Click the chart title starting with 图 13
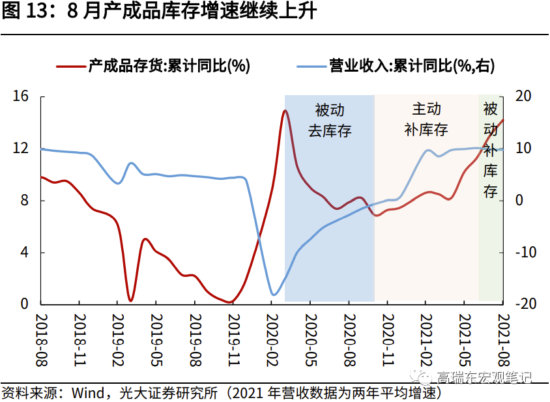159,12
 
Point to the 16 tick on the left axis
21,96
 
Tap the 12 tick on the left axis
21,149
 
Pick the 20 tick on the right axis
523,96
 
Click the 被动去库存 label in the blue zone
330,120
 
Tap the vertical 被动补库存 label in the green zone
491,150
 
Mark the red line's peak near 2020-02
285,111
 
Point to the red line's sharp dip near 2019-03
130,300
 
